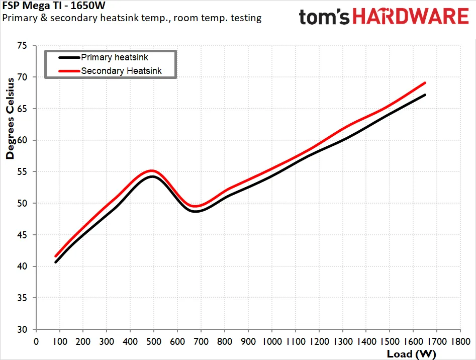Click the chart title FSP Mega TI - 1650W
[x=54, y=5]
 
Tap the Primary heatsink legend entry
[x=103, y=57]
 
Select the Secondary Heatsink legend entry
[x=110, y=71]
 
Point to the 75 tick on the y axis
[x=22, y=46]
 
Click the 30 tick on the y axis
[x=22, y=329]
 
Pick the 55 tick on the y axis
[x=22, y=172]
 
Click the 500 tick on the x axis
[x=154, y=341]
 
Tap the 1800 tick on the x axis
[x=461, y=341]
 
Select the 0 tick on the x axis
[x=36, y=341]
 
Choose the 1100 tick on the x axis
[x=296, y=341]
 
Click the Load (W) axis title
[x=411, y=354]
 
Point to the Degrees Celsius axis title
[x=10, y=118]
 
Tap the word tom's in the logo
[x=324, y=17]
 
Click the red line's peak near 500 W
[x=151, y=170]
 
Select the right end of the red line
[x=425, y=83]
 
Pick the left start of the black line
[x=56, y=262]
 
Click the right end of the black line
[x=425, y=95]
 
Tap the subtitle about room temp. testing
[x=132, y=18]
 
